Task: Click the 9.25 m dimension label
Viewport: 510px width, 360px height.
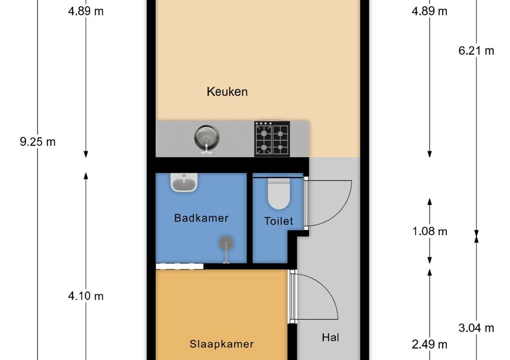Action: coord(38,142)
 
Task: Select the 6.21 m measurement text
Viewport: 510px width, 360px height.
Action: coord(476,50)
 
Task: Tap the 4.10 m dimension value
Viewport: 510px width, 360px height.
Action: coord(85,296)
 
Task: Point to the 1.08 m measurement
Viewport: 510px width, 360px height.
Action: coord(429,231)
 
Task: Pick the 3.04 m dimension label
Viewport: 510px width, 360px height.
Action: coord(476,328)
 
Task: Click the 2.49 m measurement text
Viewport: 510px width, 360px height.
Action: coord(429,344)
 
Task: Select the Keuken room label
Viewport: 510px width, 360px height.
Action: coord(227,92)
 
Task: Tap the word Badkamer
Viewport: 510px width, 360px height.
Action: coord(201,218)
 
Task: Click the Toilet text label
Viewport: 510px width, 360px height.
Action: coord(278,221)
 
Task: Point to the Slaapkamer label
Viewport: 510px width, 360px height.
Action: coord(222,344)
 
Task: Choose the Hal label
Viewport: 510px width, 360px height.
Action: coord(330,337)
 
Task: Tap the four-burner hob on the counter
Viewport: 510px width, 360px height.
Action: coord(271,139)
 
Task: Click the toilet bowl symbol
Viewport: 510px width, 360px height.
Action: coord(278,194)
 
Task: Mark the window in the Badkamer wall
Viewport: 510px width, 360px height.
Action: coord(179,267)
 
